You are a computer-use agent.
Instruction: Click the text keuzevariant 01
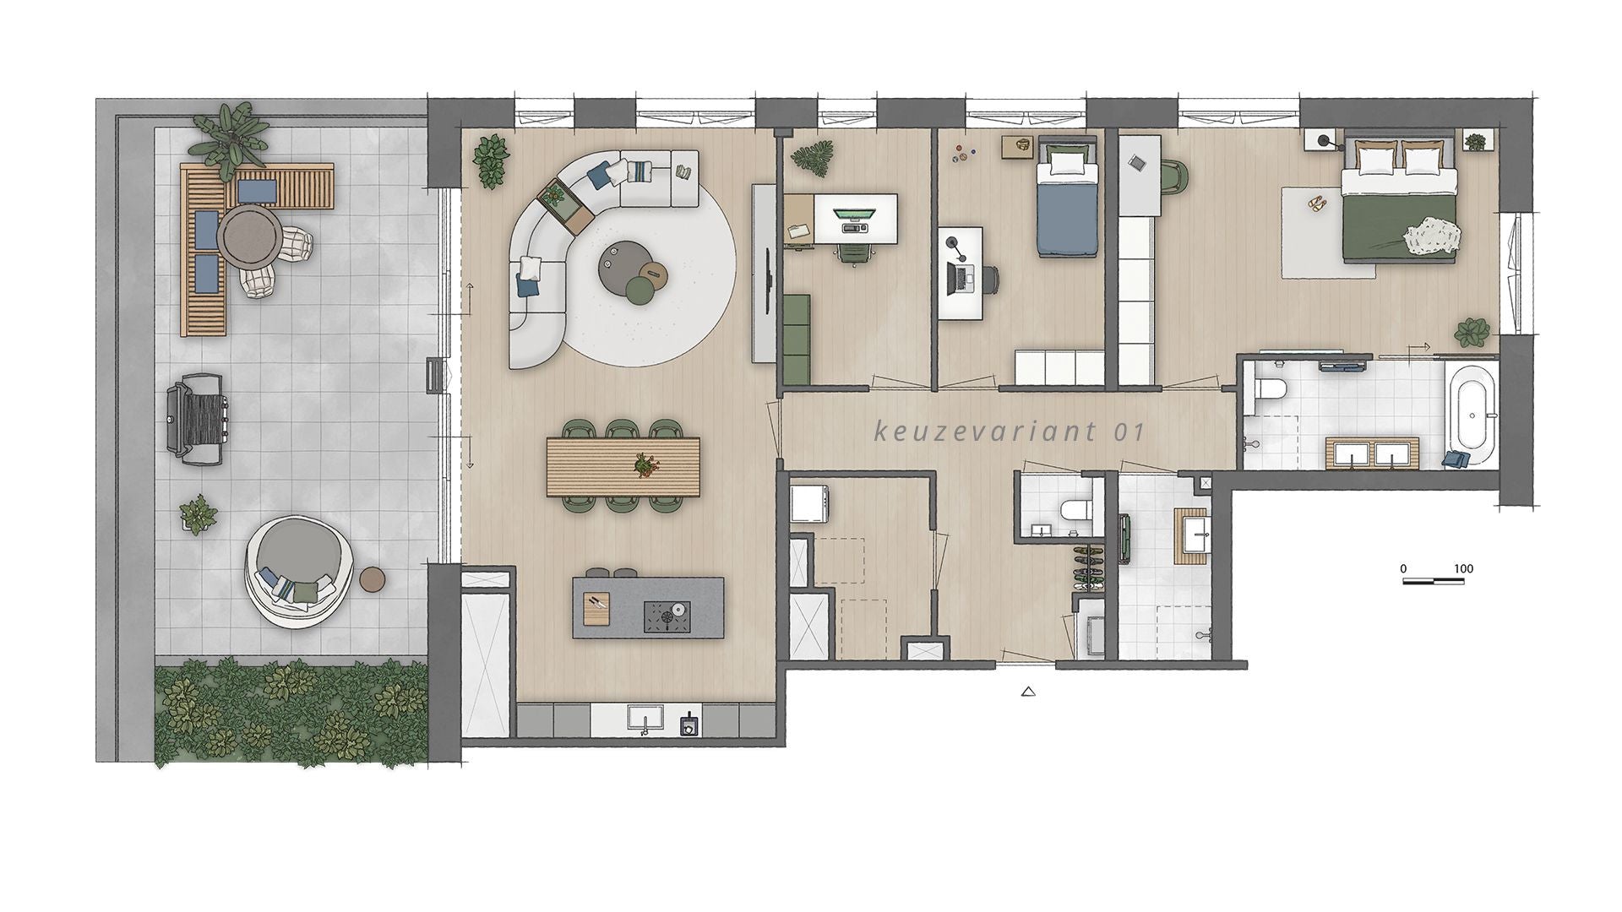point(1009,432)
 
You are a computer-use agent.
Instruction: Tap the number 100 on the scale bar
point(1463,568)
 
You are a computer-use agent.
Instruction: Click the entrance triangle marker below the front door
point(1028,692)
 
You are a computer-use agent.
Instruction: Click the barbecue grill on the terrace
point(197,421)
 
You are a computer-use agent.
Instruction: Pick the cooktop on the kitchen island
point(667,615)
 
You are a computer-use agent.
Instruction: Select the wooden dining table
point(623,466)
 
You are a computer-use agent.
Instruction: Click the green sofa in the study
point(797,338)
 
